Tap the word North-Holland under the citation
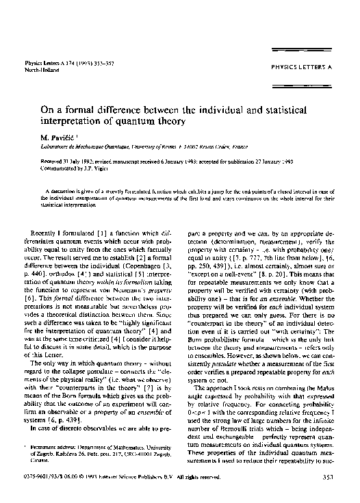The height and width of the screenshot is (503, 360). [x=40, y=69]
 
